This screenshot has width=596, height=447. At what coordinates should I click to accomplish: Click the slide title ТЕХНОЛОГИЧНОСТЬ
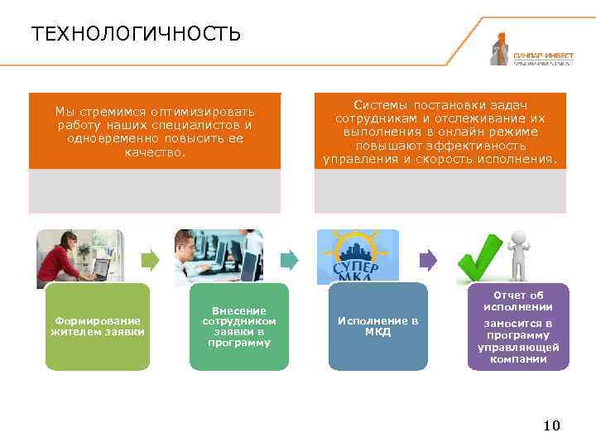tap(136, 34)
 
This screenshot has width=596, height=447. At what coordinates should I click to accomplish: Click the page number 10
tap(551, 425)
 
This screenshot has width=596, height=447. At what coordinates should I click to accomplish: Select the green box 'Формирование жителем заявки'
tap(98, 327)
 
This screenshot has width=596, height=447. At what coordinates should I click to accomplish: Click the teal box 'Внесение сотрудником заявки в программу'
tap(239, 327)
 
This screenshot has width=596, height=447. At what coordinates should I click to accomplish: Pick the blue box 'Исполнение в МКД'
tap(377, 327)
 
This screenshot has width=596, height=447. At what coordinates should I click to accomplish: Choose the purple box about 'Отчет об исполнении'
tap(518, 327)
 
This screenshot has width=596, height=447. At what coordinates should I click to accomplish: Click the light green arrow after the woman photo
tap(149, 260)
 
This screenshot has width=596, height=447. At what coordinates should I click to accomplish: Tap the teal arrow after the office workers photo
tap(289, 260)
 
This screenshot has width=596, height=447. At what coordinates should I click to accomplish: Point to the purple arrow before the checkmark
tap(427, 260)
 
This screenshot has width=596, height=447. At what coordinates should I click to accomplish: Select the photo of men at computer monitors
tap(219, 257)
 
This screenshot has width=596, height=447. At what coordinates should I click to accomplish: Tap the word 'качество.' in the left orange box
tap(156, 152)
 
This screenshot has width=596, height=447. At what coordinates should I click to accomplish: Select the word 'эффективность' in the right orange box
tap(480, 145)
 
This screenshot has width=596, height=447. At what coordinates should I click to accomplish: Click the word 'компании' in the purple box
tap(518, 359)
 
